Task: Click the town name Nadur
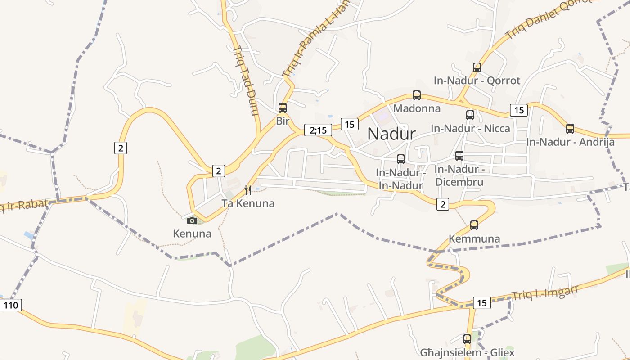click(391, 134)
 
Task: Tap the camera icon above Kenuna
click(192, 220)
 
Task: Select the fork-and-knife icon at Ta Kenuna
click(247, 190)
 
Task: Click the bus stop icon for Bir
click(283, 108)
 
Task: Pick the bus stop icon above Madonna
click(417, 95)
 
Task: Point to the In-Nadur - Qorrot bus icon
click(477, 67)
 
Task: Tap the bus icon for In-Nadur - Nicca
click(470, 115)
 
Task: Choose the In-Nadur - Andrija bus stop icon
click(570, 129)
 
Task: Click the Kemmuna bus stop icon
click(474, 225)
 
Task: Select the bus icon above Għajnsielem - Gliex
click(467, 339)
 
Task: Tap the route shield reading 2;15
click(318, 130)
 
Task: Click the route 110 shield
click(10, 306)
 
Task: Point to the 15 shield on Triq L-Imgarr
click(481, 303)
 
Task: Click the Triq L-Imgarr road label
click(544, 293)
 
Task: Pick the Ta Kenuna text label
click(248, 203)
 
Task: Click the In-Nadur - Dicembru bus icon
click(459, 156)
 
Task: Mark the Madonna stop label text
click(417, 108)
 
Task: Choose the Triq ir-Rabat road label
click(22, 206)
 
